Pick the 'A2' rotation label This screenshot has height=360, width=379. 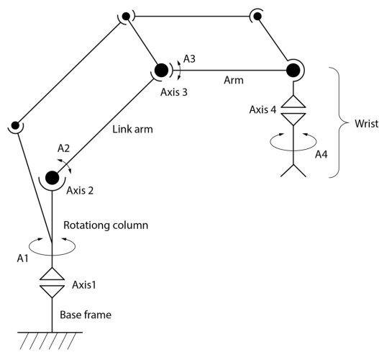(64, 148)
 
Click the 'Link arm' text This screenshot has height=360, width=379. (133, 131)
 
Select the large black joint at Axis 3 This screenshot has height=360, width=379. (160, 70)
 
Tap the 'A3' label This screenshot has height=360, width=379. (190, 58)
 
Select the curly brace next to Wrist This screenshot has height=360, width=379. (336, 122)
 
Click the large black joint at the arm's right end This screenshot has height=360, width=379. (293, 70)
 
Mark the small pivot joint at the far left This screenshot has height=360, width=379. (14, 127)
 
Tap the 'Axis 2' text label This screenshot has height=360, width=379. (81, 192)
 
